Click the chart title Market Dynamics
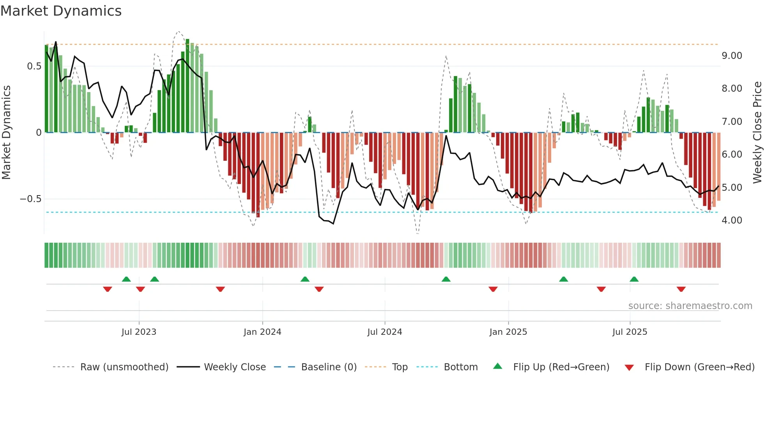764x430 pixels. [61, 11]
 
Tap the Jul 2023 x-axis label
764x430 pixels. [139, 332]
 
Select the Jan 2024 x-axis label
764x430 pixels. [262, 332]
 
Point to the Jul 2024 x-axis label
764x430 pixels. [385, 332]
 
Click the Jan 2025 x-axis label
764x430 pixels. [508, 332]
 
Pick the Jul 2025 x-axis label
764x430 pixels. [630, 332]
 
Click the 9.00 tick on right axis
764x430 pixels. [732, 56]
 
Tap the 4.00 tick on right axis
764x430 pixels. [732, 220]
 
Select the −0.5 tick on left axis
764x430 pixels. [30, 199]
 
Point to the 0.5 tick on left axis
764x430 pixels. [34, 66]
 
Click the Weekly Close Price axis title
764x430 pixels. [757, 133]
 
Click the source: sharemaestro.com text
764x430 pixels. [690, 306]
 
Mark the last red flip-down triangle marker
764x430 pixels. [681, 289]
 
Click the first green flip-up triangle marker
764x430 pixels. [126, 279]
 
